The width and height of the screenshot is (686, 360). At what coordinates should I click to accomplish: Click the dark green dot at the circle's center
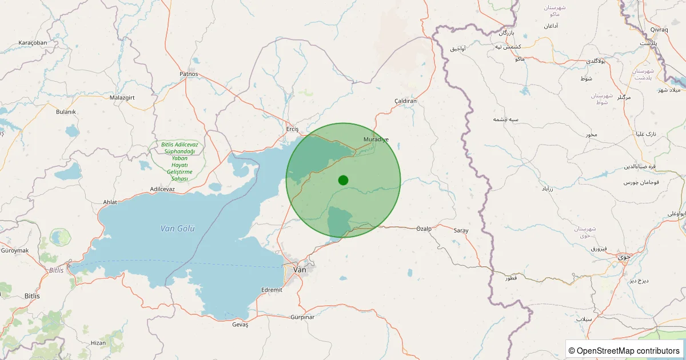click(343, 180)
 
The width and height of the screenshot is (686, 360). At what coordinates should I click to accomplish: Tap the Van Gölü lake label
click(177, 229)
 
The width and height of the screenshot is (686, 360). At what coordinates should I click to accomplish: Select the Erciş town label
click(292, 130)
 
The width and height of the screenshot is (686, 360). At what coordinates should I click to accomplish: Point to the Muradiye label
click(376, 139)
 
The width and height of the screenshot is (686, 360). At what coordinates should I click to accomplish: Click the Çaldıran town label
click(406, 101)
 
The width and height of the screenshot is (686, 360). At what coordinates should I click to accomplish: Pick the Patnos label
click(189, 74)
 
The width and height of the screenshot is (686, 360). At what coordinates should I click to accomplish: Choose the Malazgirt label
click(122, 98)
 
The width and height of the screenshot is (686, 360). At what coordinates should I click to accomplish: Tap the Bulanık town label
click(66, 112)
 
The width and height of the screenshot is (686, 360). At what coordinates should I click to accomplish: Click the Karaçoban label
click(33, 43)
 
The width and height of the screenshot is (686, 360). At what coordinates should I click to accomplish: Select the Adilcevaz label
click(162, 189)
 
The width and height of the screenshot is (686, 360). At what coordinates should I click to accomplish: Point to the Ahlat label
click(109, 202)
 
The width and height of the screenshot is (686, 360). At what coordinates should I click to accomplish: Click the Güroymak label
click(15, 250)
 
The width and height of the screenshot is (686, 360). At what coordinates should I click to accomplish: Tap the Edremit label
click(272, 290)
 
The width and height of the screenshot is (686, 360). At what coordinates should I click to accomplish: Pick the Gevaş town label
click(240, 325)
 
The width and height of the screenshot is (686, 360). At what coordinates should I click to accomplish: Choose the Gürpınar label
click(302, 317)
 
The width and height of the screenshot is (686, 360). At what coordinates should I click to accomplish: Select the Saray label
click(461, 230)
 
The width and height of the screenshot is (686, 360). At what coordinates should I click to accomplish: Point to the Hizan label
click(98, 343)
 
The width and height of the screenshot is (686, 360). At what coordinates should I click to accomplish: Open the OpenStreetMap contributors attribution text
click(625, 350)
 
